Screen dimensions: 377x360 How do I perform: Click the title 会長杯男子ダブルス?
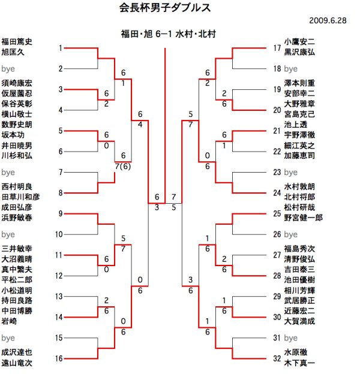click(165, 8)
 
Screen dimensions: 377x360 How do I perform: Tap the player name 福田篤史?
click(16, 42)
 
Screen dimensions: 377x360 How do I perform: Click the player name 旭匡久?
click(13, 52)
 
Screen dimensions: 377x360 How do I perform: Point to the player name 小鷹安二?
click(299, 42)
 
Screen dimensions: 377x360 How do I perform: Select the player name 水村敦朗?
click(299, 186)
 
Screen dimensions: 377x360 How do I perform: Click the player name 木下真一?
click(299, 363)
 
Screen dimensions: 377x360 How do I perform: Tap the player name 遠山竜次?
click(16, 363)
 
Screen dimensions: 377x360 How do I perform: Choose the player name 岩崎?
click(9, 321)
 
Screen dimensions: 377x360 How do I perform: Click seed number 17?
click(277, 47)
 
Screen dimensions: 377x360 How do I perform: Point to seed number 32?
click(277, 358)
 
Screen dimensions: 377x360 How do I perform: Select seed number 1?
click(61, 47)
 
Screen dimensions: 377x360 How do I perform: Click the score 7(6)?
click(122, 166)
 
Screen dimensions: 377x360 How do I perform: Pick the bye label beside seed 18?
click(291, 69)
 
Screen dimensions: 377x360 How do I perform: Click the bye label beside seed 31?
click(291, 338)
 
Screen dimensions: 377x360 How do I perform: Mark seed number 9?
click(61, 213)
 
